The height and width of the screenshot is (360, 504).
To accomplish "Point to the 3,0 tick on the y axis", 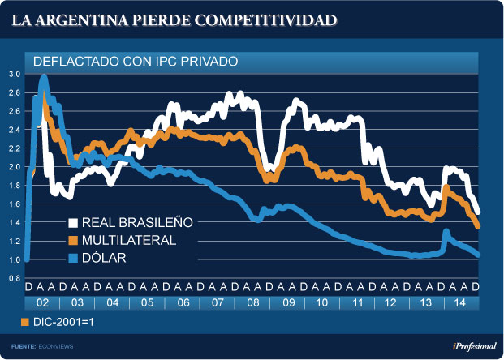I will pyautogui.click(x=14, y=75).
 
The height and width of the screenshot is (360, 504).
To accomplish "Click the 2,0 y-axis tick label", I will pyautogui.click(x=14, y=167).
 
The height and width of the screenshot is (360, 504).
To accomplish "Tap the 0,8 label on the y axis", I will pyautogui.click(x=14, y=278).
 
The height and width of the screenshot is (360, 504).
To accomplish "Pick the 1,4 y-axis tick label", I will pyautogui.click(x=14, y=223).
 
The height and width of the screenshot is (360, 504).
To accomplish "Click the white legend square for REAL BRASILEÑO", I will pyautogui.click(x=72, y=223).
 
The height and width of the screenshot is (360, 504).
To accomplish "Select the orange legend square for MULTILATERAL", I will pyautogui.click(x=72, y=241).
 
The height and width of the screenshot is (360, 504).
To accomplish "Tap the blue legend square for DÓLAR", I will pyautogui.click(x=72, y=259).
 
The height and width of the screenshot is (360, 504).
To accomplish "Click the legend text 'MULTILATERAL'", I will pyautogui.click(x=129, y=241).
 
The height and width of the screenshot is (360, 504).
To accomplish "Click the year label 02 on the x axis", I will pyautogui.click(x=42, y=302).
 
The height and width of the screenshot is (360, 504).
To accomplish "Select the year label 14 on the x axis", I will pyautogui.click(x=460, y=302).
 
